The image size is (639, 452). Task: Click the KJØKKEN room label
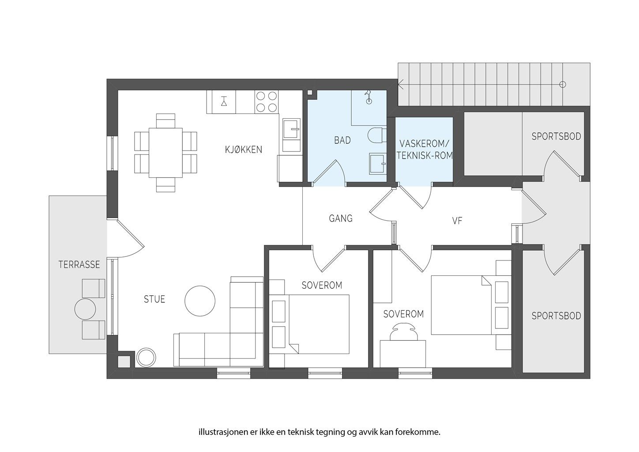point(243,150)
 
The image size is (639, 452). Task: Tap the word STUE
point(154,299)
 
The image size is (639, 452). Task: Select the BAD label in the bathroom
point(342,140)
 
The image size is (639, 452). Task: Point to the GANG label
point(341,218)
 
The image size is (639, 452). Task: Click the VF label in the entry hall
point(457,221)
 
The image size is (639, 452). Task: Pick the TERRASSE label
point(79,264)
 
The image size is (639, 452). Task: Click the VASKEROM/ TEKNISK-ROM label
point(425,149)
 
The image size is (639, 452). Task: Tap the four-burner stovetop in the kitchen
point(267,102)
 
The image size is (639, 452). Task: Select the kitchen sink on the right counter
point(292,135)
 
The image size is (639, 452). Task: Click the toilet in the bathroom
point(377,135)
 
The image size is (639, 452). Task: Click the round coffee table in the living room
point(200,301)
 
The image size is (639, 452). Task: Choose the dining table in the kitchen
point(166,153)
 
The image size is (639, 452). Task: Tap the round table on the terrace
point(85,309)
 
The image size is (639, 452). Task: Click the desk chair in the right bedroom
point(403,331)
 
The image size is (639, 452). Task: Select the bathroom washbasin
point(378,163)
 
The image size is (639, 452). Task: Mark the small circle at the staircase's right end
point(563,84)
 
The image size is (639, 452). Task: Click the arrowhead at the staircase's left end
point(400,84)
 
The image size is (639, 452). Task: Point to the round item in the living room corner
point(146,357)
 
